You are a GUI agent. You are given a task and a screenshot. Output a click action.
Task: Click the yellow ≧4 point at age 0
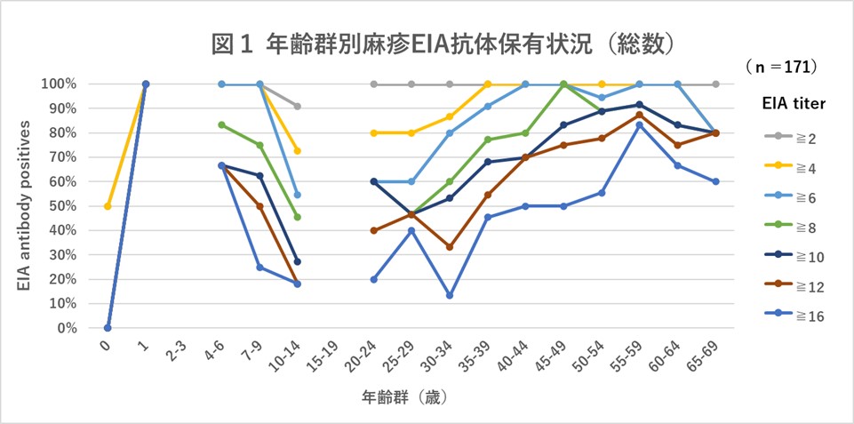[108, 206]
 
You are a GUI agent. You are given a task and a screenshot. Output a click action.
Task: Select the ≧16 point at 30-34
[450, 295]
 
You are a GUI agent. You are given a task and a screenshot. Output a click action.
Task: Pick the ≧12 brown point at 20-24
[373, 230]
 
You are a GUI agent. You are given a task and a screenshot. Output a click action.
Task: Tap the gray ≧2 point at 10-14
[298, 106]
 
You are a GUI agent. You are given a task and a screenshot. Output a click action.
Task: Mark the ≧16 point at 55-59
[639, 124]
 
